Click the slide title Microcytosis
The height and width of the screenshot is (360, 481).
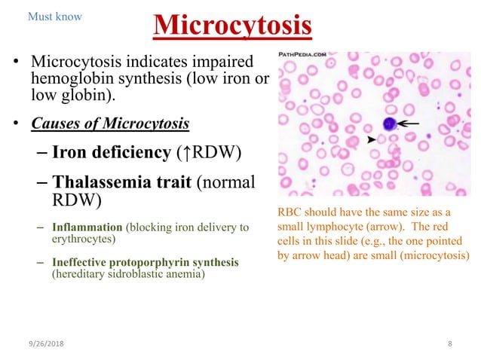click(232, 26)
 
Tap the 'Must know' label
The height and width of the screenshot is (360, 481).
click(54, 16)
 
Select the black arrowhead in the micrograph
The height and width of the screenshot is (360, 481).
click(371, 140)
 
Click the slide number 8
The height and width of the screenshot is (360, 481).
click(449, 343)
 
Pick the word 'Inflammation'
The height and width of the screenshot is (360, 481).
click(87, 226)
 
